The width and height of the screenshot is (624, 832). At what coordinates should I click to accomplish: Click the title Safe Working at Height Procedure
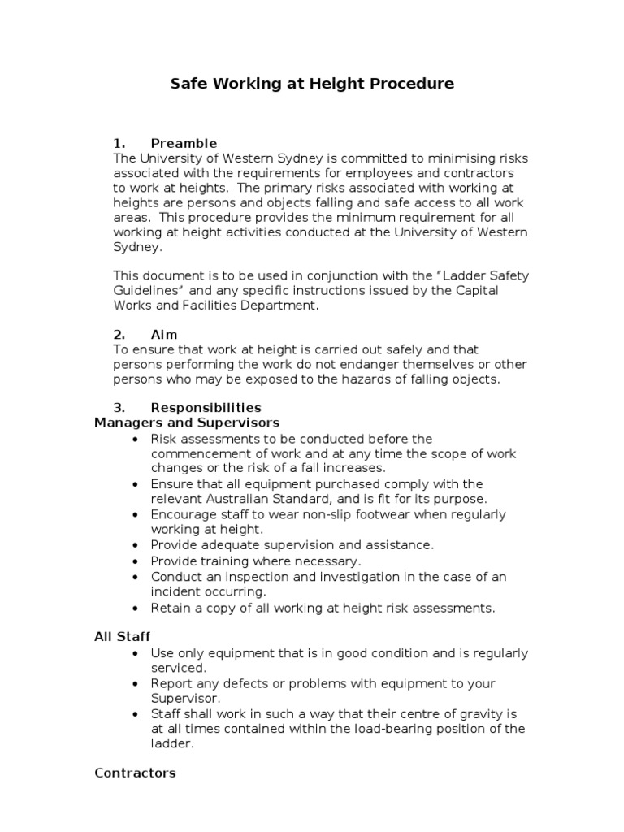pyautogui.click(x=312, y=84)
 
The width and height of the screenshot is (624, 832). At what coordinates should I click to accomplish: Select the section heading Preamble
pyautogui.click(x=184, y=144)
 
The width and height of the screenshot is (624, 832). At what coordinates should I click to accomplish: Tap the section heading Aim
pyautogui.click(x=164, y=335)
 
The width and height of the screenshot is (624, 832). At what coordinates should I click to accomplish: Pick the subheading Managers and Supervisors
pyautogui.click(x=187, y=422)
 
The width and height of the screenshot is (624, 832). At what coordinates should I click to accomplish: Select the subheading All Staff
pyautogui.click(x=122, y=637)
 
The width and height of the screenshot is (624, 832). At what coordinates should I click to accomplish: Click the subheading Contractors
pyautogui.click(x=135, y=773)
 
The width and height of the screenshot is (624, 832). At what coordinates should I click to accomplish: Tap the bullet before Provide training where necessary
pyautogui.click(x=134, y=561)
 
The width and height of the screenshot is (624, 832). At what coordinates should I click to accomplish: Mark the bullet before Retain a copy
pyautogui.click(x=134, y=608)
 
